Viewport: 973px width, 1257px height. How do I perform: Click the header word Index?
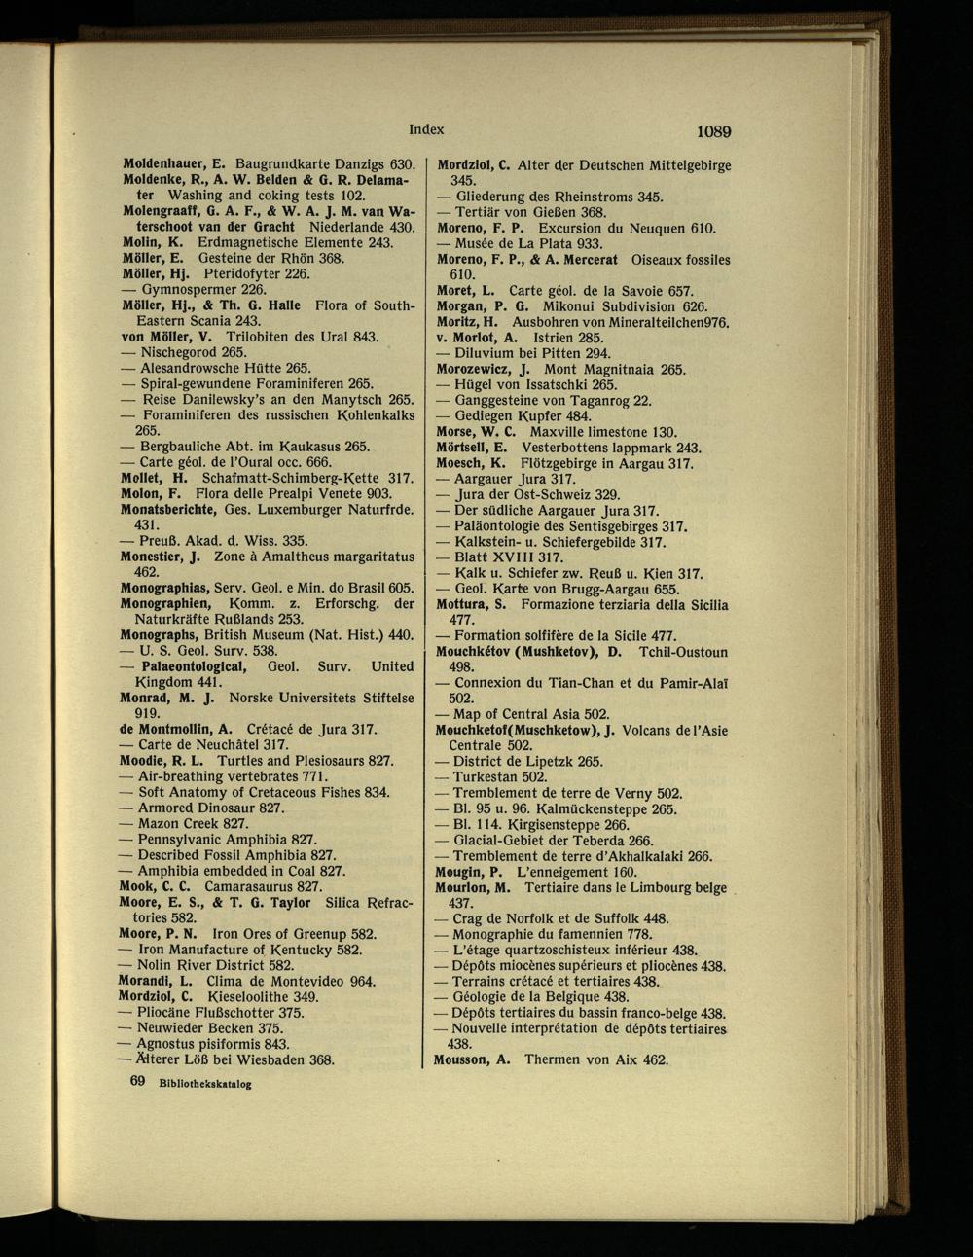pos(426,129)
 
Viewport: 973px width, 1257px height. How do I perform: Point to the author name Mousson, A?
pos(472,1059)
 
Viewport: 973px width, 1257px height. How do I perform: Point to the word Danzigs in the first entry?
pos(368,165)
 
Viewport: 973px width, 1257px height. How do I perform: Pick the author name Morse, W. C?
pos(474,433)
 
